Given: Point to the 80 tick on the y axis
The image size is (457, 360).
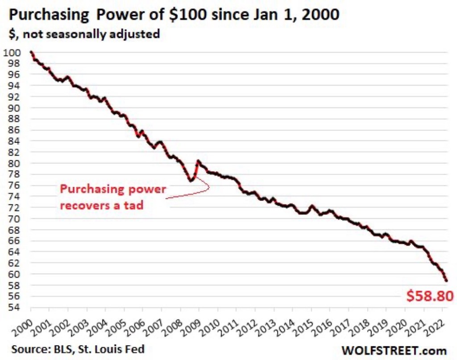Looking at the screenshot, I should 14,163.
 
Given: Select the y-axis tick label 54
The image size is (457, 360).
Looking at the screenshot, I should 14,307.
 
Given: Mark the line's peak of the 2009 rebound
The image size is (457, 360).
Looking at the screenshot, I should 198,161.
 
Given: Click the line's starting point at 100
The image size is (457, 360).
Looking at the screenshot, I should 30,52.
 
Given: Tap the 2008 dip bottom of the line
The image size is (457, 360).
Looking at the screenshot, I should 191,181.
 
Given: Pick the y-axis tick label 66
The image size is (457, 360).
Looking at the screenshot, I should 14,241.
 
